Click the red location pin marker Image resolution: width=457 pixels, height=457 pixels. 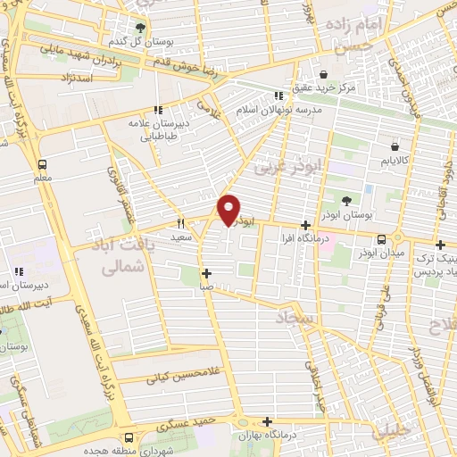[229, 211]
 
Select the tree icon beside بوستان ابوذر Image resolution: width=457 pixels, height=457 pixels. [349, 199]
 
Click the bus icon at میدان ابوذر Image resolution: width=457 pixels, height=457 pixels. [382, 239]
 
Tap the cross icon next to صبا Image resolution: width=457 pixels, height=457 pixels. [207, 274]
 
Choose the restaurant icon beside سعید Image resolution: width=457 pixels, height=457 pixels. [180, 223]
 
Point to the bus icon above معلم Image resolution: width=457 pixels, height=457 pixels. [42, 164]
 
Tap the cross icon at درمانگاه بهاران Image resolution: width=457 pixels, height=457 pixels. [267, 421]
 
